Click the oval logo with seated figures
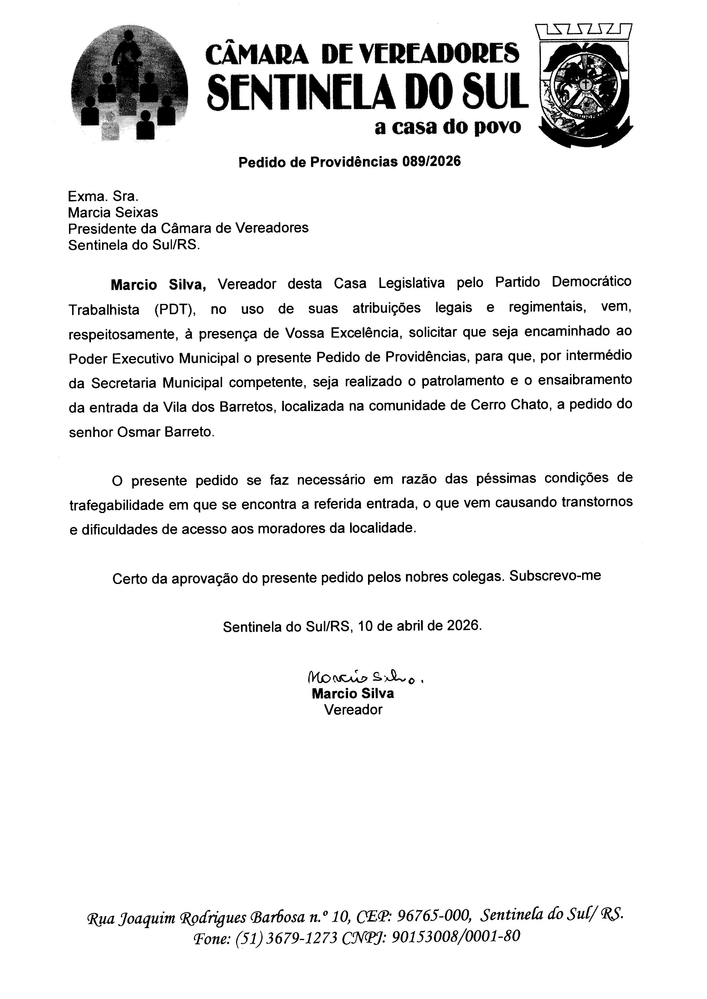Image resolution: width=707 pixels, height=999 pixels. tap(129, 85)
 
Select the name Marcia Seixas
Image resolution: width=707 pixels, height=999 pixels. tap(113, 212)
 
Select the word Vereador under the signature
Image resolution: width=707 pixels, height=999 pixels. tap(353, 710)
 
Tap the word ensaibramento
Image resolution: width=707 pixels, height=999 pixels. tap(585, 380)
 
